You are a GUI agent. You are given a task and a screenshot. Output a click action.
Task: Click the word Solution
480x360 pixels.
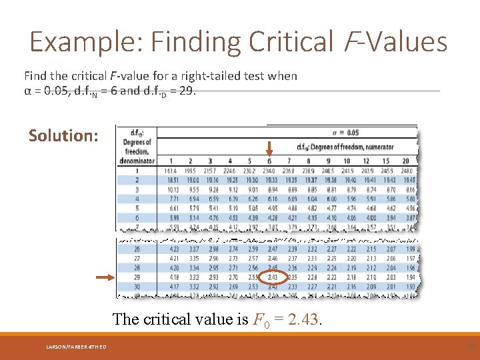tap(63, 135)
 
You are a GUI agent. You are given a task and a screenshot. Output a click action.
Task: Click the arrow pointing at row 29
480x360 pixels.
tap(103, 277)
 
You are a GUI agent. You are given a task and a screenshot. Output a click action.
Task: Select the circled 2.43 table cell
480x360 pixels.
tap(272, 277)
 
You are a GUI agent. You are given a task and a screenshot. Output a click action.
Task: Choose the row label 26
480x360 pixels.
tap(136, 249)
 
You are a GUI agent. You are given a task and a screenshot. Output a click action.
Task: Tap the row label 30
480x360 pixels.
tap(136, 287)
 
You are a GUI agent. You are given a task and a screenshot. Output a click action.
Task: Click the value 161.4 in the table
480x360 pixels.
tap(171, 171)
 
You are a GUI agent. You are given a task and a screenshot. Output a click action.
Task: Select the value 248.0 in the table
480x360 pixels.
tap(408, 171)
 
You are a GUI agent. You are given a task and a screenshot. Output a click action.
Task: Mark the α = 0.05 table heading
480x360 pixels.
tap(345, 132)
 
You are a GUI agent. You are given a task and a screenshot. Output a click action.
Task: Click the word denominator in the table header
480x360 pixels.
tap(137, 161)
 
